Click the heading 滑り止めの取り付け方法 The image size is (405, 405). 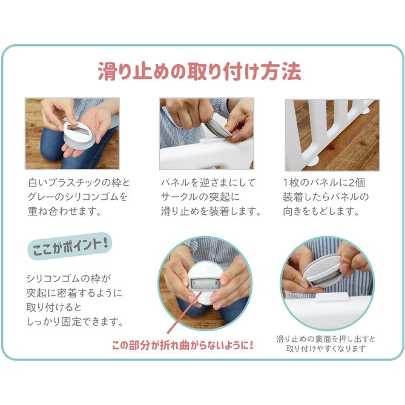tap(200, 71)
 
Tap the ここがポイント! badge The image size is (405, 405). tap(70, 246)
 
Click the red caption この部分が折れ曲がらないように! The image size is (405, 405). tap(183, 345)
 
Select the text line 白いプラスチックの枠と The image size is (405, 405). tap(79, 183)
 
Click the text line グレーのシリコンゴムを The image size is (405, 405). tap(77, 197)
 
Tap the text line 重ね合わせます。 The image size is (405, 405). tap(64, 211)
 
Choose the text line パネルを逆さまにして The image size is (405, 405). tap(208, 183)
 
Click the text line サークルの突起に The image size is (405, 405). tap(200, 197)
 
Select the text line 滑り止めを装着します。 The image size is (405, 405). tap(211, 211)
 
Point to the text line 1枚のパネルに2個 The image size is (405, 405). tap(324, 183)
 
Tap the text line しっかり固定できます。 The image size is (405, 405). tap(74, 321)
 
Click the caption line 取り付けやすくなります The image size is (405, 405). tap(326, 349)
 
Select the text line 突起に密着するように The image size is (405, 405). tap(74, 293)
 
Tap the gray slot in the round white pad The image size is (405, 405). tap(205, 283)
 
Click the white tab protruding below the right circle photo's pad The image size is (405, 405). tap(332, 296)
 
